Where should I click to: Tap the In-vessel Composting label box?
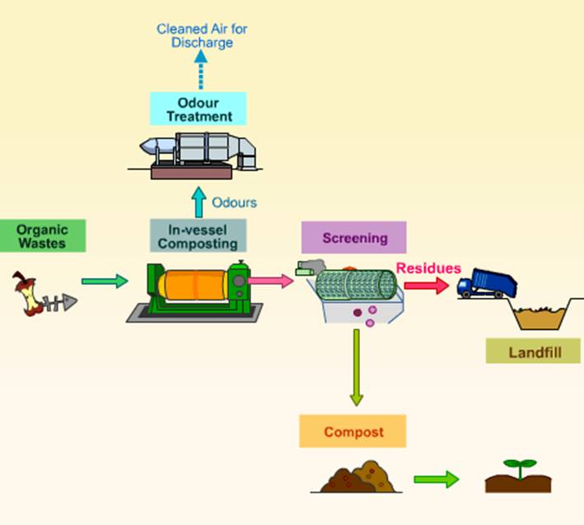198,235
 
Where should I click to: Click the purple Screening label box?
353,238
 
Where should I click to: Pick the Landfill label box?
532,351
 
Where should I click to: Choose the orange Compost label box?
353,431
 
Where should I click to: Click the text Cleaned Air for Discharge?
202,35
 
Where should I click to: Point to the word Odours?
235,202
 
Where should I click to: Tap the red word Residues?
428,267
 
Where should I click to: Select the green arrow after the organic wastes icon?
105,281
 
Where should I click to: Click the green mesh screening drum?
356,285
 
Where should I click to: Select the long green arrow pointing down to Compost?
356,367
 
